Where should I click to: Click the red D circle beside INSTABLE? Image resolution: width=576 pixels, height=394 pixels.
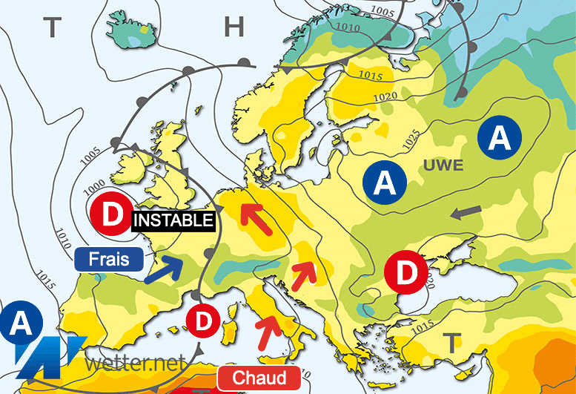coord(111,215)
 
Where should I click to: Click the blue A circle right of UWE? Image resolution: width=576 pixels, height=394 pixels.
coord(500,137)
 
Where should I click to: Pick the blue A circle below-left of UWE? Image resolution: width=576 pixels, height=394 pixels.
coord(385,181)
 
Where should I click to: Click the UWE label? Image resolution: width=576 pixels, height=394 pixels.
coord(444,165)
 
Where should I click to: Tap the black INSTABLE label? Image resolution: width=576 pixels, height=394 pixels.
coord(174,220)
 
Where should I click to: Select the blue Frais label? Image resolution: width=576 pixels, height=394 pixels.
coord(109,259)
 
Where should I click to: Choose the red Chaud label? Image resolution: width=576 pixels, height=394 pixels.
coord(259,378)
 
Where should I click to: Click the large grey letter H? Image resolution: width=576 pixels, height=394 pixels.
coord(234,28)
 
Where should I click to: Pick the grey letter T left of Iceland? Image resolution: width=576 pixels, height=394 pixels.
coord(51,28)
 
